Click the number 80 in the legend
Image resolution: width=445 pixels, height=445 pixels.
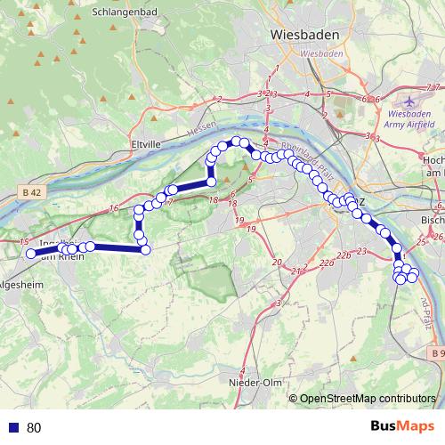click(x=34, y=428)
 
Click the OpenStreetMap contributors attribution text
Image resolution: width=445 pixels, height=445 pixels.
click(x=368, y=398)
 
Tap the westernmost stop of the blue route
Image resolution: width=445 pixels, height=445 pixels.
click(x=30, y=254)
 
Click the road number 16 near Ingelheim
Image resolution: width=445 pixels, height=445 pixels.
click(x=114, y=208)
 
